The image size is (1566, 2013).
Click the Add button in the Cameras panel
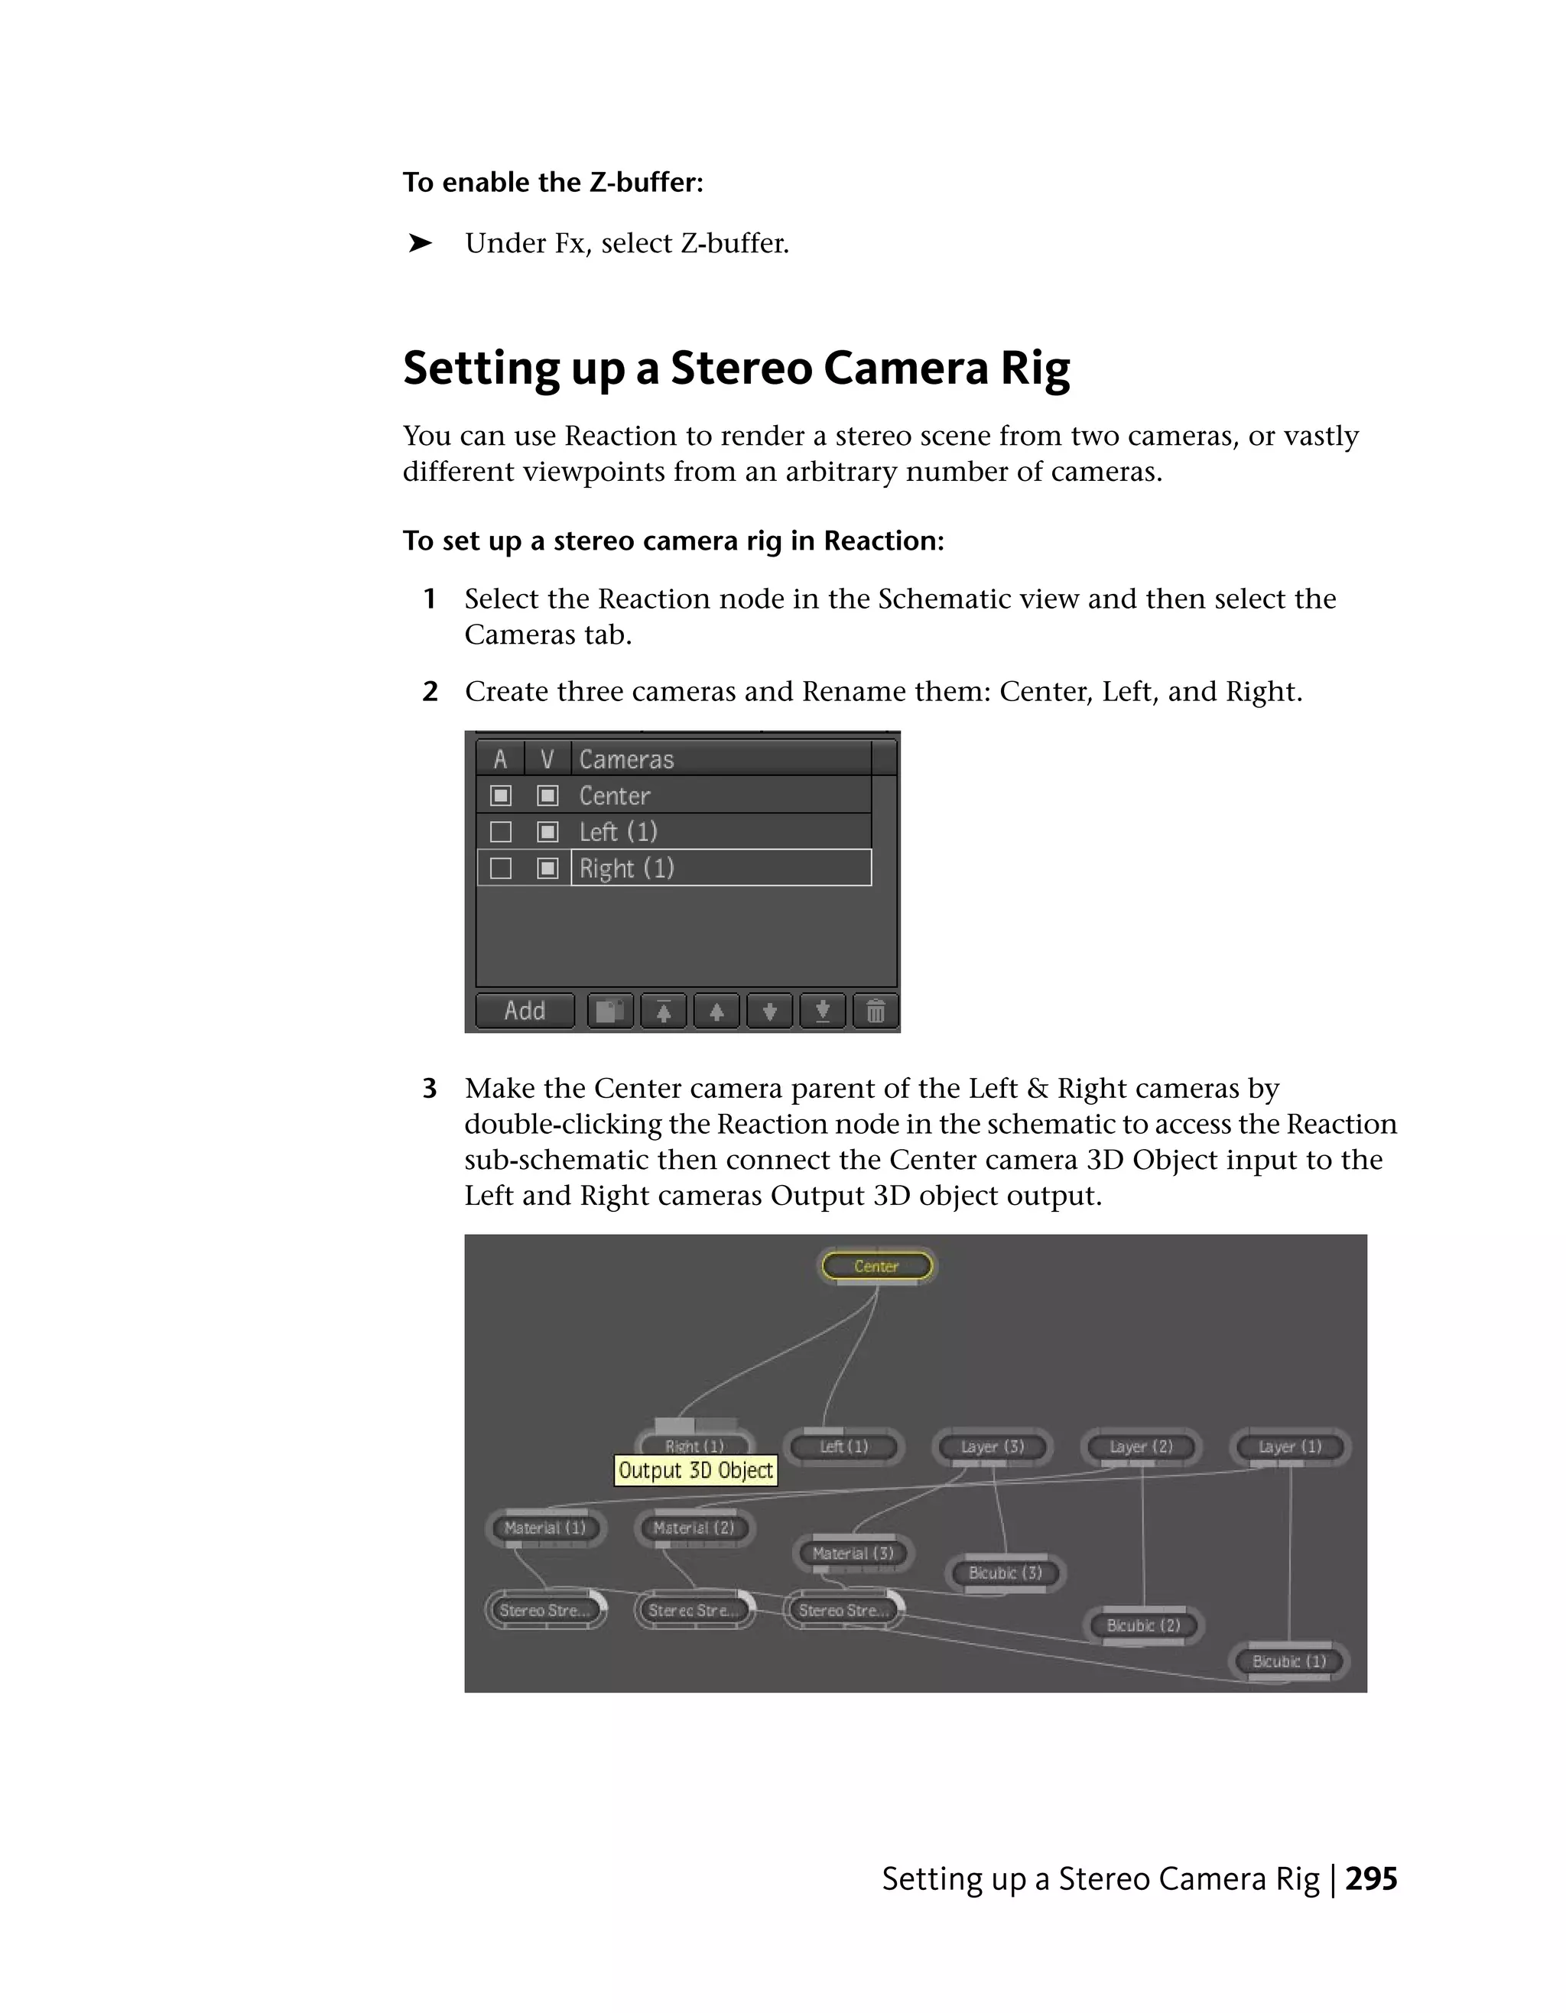pyautogui.click(x=525, y=1011)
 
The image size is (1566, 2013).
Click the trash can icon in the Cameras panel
pyautogui.click(x=875, y=1011)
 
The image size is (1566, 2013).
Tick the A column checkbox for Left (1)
pyautogui.click(x=501, y=833)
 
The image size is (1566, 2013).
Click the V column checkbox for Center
pyautogui.click(x=547, y=795)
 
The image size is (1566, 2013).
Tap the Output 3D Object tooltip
pyautogui.click(x=696, y=1470)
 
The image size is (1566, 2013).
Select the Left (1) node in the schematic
pyautogui.click(x=843, y=1446)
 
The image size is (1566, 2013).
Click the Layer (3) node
pyautogui.click(x=992, y=1447)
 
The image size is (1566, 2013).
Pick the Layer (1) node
pyautogui.click(x=1289, y=1447)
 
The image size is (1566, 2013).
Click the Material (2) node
pyautogui.click(x=694, y=1528)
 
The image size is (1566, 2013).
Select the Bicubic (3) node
pyautogui.click(x=1005, y=1573)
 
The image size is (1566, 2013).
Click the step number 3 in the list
pyautogui.click(x=430, y=1089)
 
